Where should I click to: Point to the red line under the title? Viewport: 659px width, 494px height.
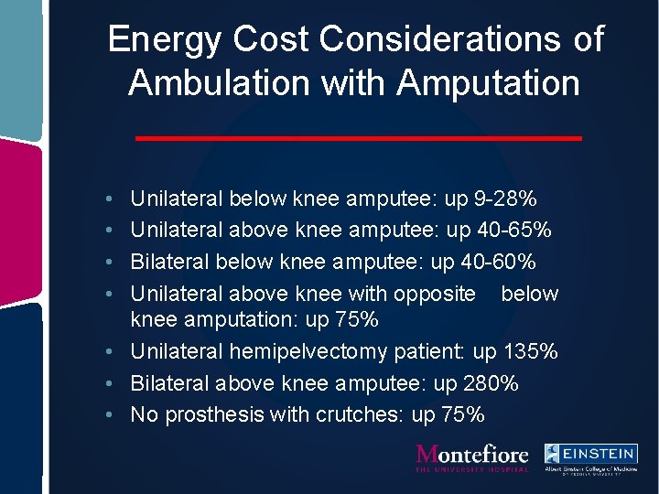[x=358, y=138]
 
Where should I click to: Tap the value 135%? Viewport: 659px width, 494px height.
[x=531, y=352]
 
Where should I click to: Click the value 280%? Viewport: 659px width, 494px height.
[x=491, y=383]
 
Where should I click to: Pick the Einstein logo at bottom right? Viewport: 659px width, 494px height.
[x=590, y=456]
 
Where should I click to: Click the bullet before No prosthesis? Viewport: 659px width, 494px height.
[x=109, y=415]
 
